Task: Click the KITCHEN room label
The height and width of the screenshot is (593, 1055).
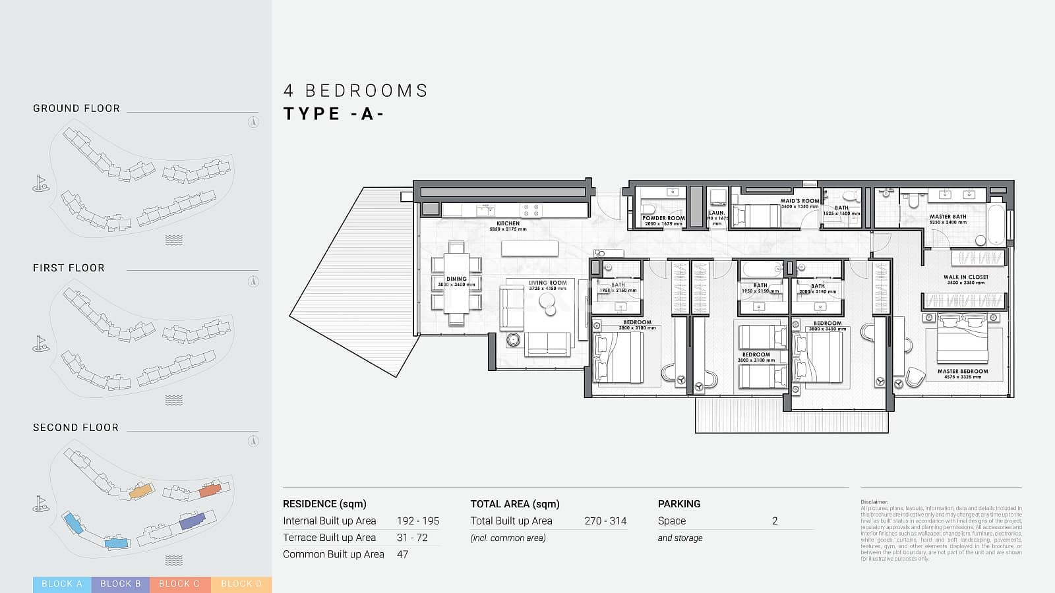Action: [x=508, y=223]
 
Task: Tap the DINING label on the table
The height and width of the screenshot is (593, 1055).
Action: [x=456, y=279]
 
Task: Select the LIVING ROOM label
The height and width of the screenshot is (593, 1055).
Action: [x=547, y=283]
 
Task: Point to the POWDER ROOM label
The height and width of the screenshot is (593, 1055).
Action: [x=663, y=218]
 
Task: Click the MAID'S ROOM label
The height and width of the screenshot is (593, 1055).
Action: [x=799, y=201]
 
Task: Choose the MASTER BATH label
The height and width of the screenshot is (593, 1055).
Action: [x=948, y=217]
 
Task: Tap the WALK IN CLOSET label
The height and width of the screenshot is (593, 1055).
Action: [x=965, y=277]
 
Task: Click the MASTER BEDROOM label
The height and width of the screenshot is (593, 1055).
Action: [x=963, y=372]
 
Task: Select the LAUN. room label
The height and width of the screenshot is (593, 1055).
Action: [x=717, y=213]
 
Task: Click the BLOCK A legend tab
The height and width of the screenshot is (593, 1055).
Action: [x=62, y=584]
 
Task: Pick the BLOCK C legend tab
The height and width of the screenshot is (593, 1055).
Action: [x=179, y=584]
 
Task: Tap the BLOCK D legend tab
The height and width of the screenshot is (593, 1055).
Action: [x=241, y=584]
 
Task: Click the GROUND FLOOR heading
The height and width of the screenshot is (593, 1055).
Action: [x=76, y=109]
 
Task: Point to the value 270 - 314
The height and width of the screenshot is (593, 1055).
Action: [x=605, y=521]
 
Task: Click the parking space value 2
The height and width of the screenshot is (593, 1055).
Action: [x=775, y=521]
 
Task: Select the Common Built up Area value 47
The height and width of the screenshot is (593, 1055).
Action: [x=402, y=554]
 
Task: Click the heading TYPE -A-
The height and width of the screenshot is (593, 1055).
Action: [x=334, y=114]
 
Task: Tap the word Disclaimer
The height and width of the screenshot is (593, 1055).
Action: [x=874, y=502]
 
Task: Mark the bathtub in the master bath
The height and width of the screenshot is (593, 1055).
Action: [x=996, y=223]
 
